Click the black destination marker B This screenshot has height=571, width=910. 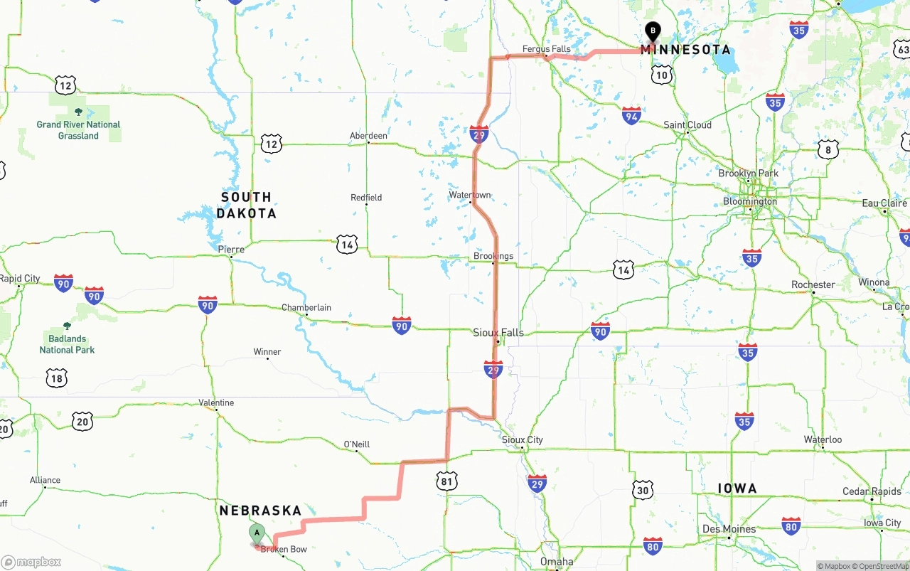pos(653,31)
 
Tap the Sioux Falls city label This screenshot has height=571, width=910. pos(498,332)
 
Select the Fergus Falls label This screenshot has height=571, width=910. pos(546,49)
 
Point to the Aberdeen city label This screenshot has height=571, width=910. pos(368,136)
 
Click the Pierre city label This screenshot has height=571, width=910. pos(231,250)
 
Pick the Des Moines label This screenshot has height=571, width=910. pos(729,529)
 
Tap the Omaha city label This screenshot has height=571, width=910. pos(556,562)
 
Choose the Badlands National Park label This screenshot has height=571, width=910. pos(67,344)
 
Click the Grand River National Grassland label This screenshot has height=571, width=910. pos(78,130)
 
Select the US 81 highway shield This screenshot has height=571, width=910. pos(446,482)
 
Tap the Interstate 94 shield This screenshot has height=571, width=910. pos(631,115)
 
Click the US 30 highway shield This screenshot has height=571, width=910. pos(643,489)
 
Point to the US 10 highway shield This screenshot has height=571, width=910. pos(662,75)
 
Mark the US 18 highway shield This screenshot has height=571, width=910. pos(57,378)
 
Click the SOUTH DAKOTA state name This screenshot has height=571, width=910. pos(246,205)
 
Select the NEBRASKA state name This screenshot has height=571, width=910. pos(260,511)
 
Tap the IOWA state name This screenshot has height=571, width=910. pos(737,489)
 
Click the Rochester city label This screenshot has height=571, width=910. pos(813,284)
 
